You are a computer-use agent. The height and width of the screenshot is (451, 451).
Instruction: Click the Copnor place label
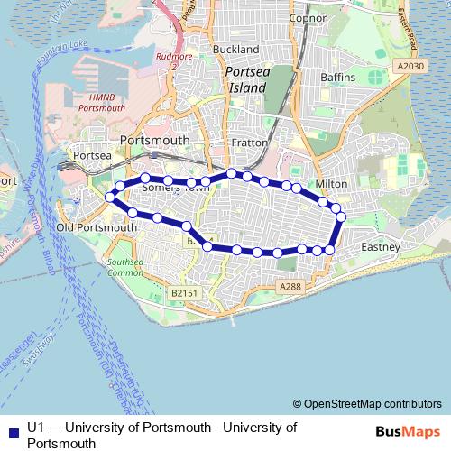(x=307, y=17)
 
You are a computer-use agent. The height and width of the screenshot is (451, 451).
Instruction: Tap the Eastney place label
(x=379, y=246)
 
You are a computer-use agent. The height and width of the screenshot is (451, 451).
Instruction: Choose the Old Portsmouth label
(x=97, y=228)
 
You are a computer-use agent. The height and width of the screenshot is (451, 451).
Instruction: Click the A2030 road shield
(x=410, y=66)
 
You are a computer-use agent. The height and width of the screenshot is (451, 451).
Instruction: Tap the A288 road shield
(x=289, y=286)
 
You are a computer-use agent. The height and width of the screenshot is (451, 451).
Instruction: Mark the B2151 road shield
(x=182, y=293)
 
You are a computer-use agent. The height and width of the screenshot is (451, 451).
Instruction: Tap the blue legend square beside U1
(x=12, y=431)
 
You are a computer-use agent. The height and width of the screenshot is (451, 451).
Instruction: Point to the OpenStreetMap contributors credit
(x=367, y=403)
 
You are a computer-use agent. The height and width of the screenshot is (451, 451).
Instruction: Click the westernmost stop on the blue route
(x=110, y=197)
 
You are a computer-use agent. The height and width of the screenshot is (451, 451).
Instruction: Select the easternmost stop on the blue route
(x=341, y=217)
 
